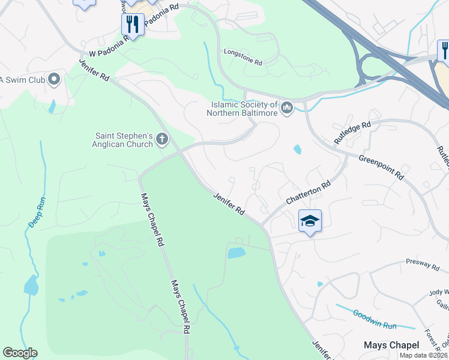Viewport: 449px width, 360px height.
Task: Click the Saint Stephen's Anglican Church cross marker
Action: pos(161,140)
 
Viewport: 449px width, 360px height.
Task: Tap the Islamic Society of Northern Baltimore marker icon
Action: pos(286,107)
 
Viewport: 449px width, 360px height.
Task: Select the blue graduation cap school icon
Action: pos(310,221)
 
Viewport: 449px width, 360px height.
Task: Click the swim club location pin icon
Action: pos(54,79)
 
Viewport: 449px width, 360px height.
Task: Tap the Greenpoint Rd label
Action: pos(381,166)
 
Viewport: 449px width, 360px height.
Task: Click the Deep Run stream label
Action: pos(37,210)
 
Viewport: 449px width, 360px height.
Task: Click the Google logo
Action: pos(20,353)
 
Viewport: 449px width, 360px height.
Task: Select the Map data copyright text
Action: pos(423,355)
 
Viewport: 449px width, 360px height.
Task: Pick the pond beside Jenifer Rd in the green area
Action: pos(237,253)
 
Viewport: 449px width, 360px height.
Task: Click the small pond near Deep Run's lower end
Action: pos(30,285)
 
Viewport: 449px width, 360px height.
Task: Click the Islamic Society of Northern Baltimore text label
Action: pos(243,108)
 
